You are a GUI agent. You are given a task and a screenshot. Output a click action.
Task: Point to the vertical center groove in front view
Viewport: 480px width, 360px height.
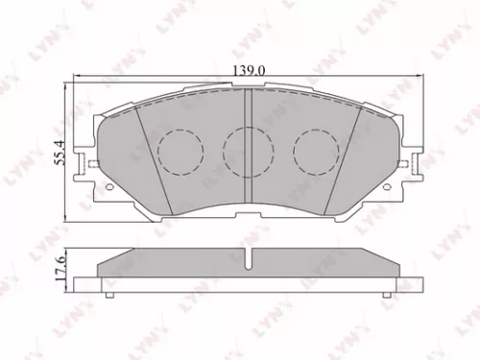tap(249, 144)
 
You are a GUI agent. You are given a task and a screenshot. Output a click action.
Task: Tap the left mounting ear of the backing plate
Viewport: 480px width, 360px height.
tap(93, 169)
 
